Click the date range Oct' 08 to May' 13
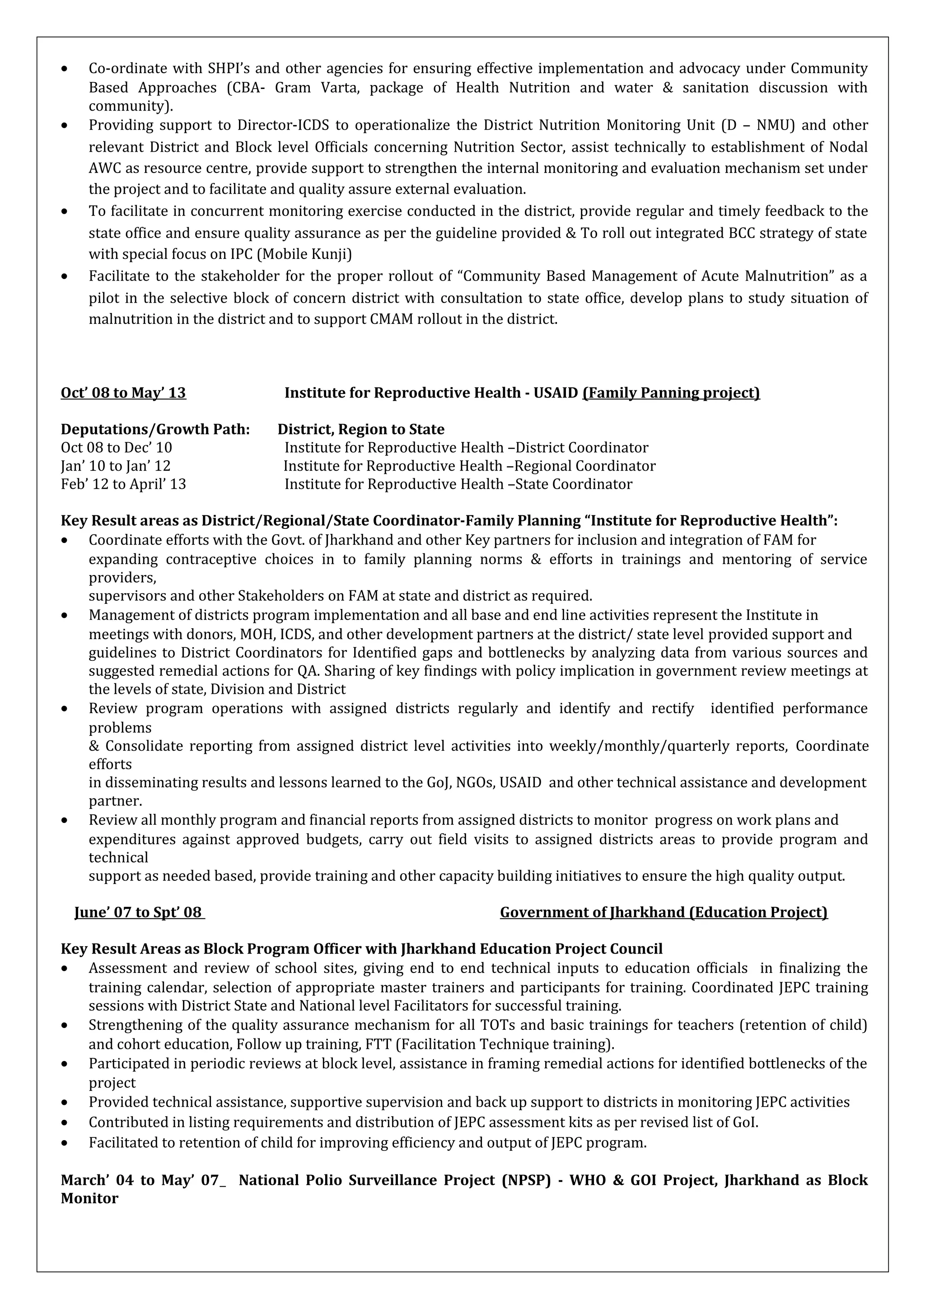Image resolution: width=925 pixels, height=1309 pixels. click(123, 393)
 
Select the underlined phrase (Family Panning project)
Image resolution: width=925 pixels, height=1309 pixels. click(671, 393)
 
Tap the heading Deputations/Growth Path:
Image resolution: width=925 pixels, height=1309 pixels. click(155, 429)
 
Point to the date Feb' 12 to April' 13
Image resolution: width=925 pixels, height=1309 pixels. click(123, 484)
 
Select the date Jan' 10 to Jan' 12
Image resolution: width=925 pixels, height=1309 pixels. click(116, 466)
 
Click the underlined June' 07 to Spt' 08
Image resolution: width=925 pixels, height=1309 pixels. click(139, 912)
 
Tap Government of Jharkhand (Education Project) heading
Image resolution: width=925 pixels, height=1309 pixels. click(663, 912)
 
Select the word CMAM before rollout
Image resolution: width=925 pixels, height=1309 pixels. click(392, 319)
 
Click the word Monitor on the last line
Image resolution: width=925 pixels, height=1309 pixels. click(89, 1198)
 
